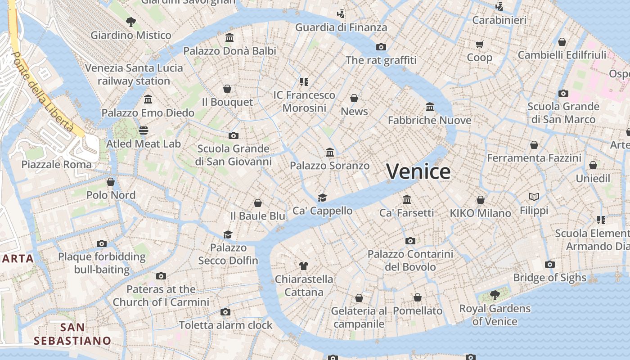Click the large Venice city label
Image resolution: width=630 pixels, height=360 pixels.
tap(418, 171)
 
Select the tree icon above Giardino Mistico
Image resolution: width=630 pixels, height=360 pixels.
tap(131, 21)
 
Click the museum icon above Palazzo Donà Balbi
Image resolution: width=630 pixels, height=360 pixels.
tap(229, 37)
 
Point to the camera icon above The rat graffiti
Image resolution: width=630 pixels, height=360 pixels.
tap(381, 47)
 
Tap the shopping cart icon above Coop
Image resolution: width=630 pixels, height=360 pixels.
tap(479, 44)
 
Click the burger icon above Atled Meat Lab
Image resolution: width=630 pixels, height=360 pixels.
tap(144, 130)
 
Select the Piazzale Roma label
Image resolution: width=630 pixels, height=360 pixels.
tap(57, 164)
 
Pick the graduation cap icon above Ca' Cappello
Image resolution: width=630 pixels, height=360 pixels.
tap(322, 197)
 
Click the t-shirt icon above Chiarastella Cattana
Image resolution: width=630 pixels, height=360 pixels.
tap(304, 265)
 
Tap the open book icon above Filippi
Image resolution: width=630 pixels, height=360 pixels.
tap(534, 197)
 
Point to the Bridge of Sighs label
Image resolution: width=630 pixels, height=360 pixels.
tap(550, 278)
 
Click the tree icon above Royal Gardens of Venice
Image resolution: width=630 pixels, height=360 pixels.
tap(495, 295)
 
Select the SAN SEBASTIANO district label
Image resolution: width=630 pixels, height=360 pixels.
tap(72, 334)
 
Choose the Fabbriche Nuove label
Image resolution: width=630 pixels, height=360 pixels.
tap(430, 120)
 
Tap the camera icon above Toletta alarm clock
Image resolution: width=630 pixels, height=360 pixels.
tap(226, 312)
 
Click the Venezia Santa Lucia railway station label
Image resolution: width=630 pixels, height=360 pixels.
tap(134, 75)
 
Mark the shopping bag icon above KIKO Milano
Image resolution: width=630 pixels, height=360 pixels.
tap(481, 200)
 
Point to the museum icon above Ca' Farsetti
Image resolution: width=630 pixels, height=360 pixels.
tap(407, 199)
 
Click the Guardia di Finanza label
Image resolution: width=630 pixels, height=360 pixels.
tap(341, 27)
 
